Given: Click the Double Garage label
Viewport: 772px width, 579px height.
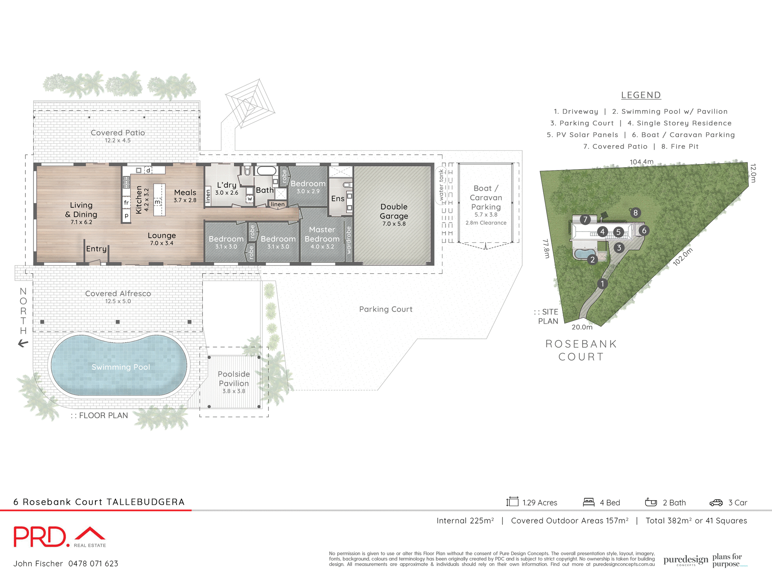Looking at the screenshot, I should click(394, 211).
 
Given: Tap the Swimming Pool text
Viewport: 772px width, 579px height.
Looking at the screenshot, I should click(121, 367).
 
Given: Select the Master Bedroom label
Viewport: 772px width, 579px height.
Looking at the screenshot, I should click(322, 234).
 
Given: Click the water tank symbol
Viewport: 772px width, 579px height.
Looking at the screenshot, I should click(441, 185).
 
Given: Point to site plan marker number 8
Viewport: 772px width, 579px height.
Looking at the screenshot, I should click(635, 213).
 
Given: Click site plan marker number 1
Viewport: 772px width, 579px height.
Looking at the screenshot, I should click(602, 284).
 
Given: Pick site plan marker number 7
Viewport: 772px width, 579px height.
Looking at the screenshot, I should click(585, 220).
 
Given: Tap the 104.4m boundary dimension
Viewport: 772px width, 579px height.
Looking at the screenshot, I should click(641, 162).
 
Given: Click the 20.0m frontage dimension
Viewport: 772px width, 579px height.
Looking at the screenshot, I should click(582, 327).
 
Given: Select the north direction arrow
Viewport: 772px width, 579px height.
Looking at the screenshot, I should click(23, 343).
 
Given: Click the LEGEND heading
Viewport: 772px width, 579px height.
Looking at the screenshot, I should click(641, 95).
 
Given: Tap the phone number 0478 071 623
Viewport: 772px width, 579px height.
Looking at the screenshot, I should click(93, 564).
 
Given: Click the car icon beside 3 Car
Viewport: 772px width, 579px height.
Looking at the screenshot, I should click(716, 503).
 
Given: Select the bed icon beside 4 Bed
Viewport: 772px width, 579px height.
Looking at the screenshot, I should click(589, 502).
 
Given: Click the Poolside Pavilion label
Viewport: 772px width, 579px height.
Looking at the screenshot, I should click(234, 379).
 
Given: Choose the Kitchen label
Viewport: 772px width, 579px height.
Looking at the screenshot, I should click(139, 199).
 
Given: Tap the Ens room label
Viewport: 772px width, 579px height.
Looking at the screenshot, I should click(338, 199).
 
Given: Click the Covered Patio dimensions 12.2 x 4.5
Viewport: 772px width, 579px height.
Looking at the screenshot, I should click(118, 140).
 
